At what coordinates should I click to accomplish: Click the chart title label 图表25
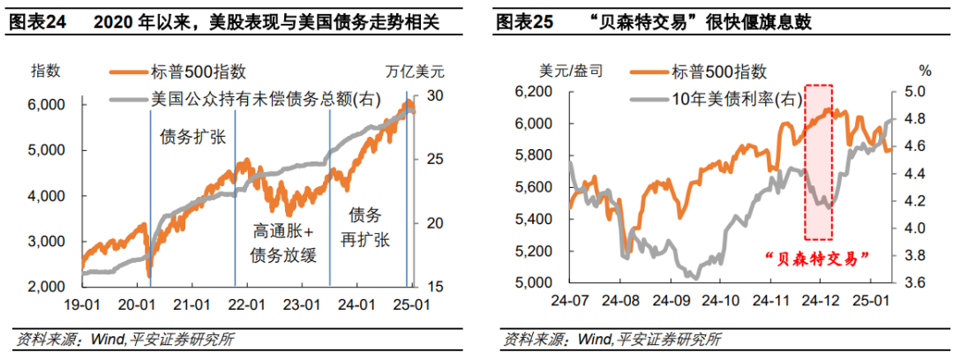pos(524,22)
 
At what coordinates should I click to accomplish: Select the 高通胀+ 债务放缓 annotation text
pos(283,243)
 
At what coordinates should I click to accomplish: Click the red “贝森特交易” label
pos(816,258)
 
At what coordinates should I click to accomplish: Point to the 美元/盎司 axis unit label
pos(547,71)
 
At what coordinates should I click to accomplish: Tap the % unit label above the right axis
pos(925,71)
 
